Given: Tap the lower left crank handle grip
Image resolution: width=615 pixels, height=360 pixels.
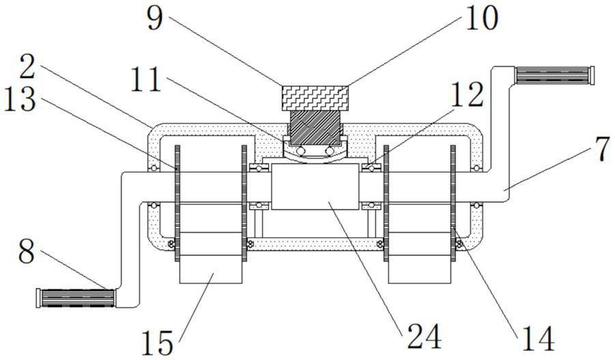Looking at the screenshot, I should (x=75, y=298).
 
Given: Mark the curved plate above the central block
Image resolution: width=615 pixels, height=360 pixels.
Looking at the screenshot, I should (x=315, y=155).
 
